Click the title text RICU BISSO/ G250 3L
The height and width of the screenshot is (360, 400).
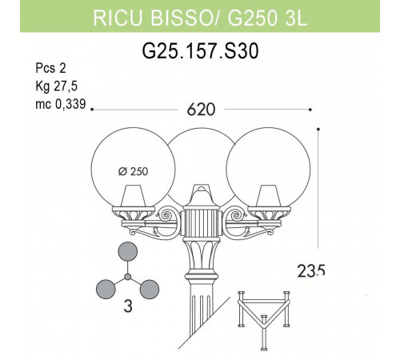pyautogui.click(x=200, y=18)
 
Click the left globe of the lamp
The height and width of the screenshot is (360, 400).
pyautogui.click(x=132, y=164)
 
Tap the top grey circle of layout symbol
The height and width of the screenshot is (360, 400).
pyautogui.click(x=128, y=252)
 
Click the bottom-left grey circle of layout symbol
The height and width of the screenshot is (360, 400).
pyautogui.click(x=106, y=288)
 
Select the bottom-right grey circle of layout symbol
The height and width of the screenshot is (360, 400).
pyautogui.click(x=150, y=288)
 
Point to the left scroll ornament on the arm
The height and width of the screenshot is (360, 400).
pyautogui.click(x=169, y=216)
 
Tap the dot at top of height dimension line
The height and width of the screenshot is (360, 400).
pyautogui.click(x=319, y=128)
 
